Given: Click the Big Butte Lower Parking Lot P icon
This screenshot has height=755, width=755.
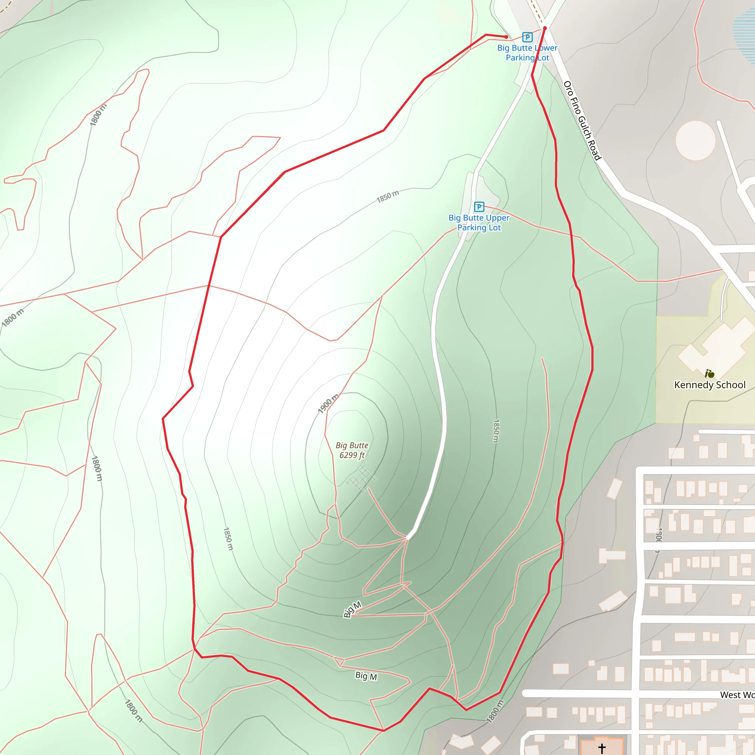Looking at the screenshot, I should coord(527,37).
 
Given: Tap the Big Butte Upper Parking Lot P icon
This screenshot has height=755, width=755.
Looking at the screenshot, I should coord(479,207).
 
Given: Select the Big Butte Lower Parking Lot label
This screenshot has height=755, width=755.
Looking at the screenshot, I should coord(527,53).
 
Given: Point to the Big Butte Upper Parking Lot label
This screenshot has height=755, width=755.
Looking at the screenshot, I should coord(479,223).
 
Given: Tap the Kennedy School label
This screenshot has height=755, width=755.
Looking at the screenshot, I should coord(710,385).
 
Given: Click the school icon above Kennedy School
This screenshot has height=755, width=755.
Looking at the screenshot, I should coord(709,373).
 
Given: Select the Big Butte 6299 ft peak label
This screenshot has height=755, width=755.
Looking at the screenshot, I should coord(352,450).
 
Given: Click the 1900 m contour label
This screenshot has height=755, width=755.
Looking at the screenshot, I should coord(327,404).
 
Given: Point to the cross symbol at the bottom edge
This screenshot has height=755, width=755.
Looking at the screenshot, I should coord(602,748).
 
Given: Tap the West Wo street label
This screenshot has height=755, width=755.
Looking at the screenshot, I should coord(737,695).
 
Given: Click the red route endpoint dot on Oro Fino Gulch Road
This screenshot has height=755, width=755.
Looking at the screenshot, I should coord(545,28).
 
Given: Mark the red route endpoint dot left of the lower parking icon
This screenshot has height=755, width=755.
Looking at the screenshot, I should coord(506,37).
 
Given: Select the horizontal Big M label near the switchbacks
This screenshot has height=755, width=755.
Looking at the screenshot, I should coord(366,676).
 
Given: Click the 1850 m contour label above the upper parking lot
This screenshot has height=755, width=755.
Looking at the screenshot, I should coord(387,196).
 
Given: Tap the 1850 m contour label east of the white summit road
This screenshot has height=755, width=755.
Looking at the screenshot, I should coord(496,431).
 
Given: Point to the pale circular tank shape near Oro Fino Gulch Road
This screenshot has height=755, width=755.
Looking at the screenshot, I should coord(696,140).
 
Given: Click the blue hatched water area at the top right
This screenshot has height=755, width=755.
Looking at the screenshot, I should coord(744,35).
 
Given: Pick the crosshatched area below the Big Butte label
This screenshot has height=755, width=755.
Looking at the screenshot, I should coord(362,479).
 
